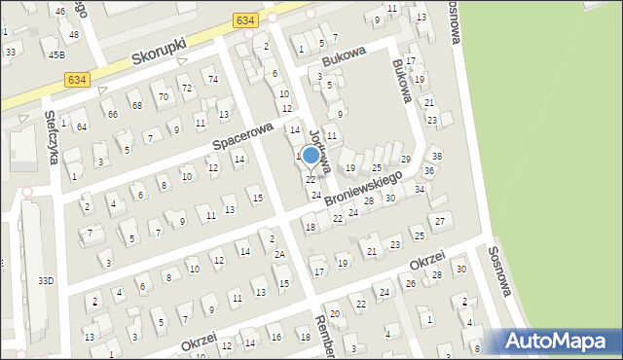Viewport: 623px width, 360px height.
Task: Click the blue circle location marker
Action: [311, 155]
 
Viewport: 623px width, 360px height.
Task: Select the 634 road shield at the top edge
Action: [246, 19]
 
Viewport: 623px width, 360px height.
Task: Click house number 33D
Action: [46, 281]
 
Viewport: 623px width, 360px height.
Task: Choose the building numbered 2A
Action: [279, 254]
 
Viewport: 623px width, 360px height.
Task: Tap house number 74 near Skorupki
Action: [210, 79]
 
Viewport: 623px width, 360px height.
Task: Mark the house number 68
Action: [137, 105]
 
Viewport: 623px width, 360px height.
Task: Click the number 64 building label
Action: [82, 126]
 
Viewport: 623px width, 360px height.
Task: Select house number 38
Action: [437, 156]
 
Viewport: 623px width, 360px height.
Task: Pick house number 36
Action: [429, 171]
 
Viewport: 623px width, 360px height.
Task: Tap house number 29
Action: [406, 159]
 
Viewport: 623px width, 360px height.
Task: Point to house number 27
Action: [439, 221]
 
